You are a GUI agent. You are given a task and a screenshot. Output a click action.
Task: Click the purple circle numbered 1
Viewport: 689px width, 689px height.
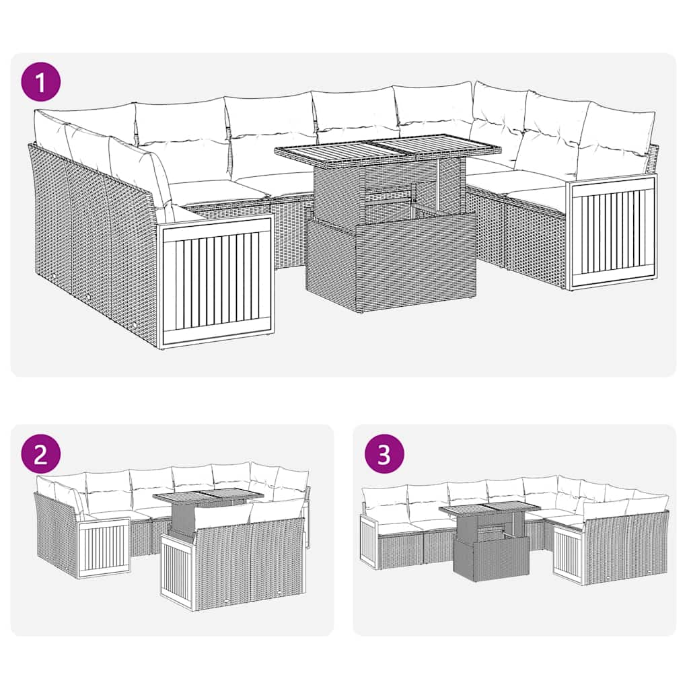point(42,82)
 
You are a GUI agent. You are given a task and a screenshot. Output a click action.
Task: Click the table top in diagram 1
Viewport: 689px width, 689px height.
point(389,147)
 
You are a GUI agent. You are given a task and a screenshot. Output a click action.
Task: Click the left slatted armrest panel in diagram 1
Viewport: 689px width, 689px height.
point(215,281)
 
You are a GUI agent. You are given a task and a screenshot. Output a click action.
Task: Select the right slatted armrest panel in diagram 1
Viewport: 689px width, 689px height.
point(612,229)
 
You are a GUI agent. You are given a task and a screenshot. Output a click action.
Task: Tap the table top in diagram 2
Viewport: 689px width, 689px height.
point(207,497)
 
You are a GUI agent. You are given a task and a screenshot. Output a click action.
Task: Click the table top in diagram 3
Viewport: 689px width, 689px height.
point(490,508)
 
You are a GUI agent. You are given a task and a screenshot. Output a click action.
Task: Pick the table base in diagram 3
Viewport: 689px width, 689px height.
point(482,558)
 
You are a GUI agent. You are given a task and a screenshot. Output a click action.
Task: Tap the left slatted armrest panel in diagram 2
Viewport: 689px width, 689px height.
point(104,548)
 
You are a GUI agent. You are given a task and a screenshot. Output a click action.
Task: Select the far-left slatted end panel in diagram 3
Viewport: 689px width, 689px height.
point(367,542)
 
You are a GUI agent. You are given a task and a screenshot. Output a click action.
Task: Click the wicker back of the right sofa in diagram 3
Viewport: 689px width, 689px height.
point(626,545)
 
